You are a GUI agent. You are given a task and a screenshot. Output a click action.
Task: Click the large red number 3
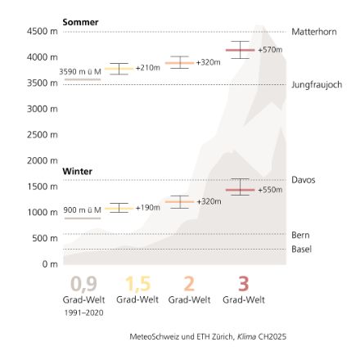coord(242,261)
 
